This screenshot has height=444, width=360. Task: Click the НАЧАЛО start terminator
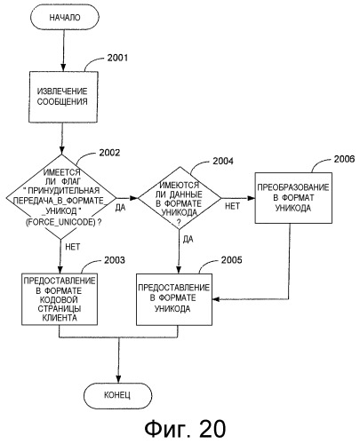click(65, 17)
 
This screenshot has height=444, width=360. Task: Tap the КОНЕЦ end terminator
click(117, 395)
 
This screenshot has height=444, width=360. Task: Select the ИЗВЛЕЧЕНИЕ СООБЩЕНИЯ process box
click(63, 97)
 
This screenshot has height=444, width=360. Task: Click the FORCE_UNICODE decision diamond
click(61, 197)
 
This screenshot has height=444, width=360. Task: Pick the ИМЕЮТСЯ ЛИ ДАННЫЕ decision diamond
click(180, 198)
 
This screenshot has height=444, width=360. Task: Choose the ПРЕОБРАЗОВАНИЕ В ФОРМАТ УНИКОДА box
click(293, 198)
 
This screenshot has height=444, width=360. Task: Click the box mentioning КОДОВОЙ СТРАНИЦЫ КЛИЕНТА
click(60, 299)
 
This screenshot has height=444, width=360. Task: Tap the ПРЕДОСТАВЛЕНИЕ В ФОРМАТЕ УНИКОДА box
click(174, 299)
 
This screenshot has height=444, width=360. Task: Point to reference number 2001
click(117, 58)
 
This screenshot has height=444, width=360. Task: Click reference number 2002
click(109, 153)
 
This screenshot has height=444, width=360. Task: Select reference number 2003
click(115, 260)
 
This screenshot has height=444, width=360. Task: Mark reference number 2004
click(223, 161)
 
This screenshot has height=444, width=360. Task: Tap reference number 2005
click(232, 259)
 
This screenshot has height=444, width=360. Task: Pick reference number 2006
click(344, 159)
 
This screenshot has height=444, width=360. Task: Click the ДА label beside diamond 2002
click(120, 208)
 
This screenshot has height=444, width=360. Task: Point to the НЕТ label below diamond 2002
click(73, 247)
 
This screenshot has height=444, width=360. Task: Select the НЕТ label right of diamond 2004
click(232, 206)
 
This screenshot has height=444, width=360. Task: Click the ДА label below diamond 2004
click(188, 239)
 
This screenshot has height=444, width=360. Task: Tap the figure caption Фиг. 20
click(185, 428)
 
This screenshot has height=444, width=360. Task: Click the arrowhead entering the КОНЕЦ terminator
click(118, 379)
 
